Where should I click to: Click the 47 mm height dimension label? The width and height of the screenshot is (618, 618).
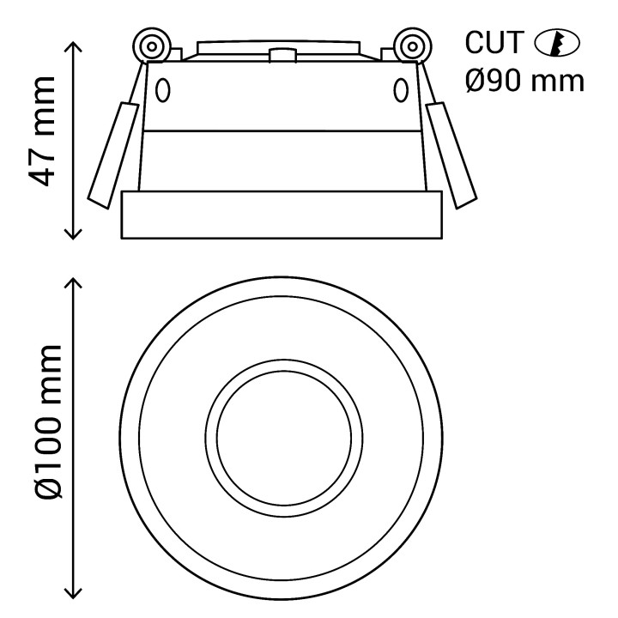(x=42, y=130)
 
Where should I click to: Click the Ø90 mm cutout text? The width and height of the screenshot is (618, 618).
(x=524, y=82)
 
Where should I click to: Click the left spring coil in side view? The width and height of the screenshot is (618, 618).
(x=152, y=46)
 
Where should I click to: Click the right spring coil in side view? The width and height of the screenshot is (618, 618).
(x=413, y=46)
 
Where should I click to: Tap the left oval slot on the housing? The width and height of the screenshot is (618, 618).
(x=163, y=90)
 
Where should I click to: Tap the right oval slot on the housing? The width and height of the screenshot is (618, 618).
(x=401, y=90)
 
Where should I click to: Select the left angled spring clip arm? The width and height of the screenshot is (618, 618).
(x=114, y=154)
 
